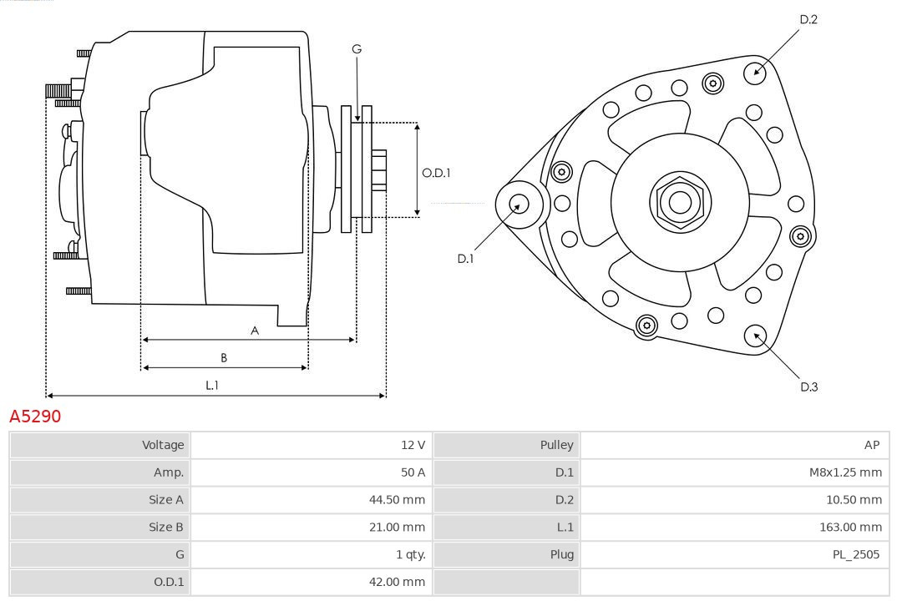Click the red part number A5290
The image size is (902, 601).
(x=35, y=416)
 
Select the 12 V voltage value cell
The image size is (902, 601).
(x=413, y=445)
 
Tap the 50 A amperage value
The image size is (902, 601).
(x=413, y=472)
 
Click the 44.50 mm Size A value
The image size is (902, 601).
(x=397, y=500)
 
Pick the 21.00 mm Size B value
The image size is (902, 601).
(x=397, y=528)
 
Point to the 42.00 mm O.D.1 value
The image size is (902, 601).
(x=397, y=582)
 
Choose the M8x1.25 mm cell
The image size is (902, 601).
(x=845, y=472)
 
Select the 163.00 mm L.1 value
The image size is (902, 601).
(x=850, y=528)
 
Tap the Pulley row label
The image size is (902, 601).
(x=556, y=445)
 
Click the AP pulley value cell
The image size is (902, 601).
(x=872, y=445)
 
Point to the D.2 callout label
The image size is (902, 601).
(x=808, y=19)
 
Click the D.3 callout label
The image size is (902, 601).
(x=808, y=386)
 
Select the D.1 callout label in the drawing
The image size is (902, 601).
(x=465, y=259)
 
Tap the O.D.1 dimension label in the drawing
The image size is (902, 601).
(x=436, y=173)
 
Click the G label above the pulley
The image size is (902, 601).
(x=357, y=49)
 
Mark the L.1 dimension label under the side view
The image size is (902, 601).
(x=212, y=385)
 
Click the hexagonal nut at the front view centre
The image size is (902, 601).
(x=680, y=201)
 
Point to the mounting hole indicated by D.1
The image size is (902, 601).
(x=519, y=203)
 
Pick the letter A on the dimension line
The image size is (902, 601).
(x=255, y=331)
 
